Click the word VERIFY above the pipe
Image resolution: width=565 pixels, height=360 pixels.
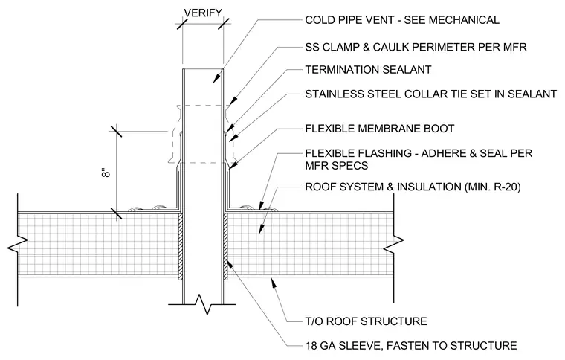click(x=203, y=13)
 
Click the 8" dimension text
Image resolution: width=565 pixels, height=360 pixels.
click(x=106, y=173)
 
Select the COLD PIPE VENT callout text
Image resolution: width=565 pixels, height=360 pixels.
click(x=402, y=20)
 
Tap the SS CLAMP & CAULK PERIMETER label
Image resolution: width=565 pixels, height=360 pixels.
click(x=416, y=47)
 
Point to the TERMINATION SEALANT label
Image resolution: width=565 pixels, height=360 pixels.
click(x=368, y=70)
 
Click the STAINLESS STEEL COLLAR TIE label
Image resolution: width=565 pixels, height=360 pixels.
click(x=430, y=94)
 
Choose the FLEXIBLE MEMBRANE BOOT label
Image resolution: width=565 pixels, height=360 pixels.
click(x=380, y=129)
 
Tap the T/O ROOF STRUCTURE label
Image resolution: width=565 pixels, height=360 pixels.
click(x=366, y=321)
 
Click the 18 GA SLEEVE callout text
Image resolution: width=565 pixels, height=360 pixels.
click(x=411, y=346)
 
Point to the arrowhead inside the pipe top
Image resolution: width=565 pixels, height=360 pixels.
click(x=216, y=79)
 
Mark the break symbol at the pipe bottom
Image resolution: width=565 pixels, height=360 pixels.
click(x=202, y=303)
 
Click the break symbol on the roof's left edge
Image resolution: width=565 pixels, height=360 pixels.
click(x=18, y=244)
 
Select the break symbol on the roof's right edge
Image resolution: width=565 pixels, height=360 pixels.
click(x=393, y=244)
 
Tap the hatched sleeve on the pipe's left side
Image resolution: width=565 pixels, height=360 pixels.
click(x=181, y=247)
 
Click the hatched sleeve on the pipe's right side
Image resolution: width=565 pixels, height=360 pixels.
click(x=226, y=247)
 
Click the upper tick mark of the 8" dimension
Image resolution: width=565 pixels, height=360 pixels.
click(x=117, y=132)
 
